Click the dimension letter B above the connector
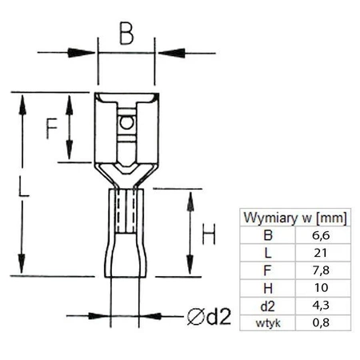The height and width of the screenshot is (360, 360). click(126, 34)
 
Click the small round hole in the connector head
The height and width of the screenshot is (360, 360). click(125, 124)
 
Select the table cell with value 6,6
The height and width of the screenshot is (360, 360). click(321, 235)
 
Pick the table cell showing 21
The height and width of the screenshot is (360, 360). click(321, 253)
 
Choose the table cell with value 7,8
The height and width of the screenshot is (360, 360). click(321, 270)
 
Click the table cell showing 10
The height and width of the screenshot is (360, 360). click(321, 288)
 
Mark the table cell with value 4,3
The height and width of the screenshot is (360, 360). click(321, 306)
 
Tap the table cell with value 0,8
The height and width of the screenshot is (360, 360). click(321, 322)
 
